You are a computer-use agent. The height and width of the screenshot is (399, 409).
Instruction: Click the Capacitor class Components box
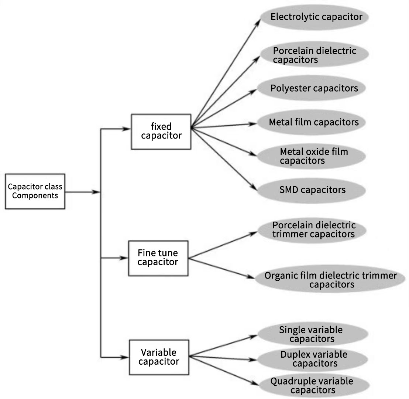coord(35,191)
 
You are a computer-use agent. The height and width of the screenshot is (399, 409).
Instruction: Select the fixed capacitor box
coord(161,132)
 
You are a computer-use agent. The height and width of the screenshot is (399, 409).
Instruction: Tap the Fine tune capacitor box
coord(158,258)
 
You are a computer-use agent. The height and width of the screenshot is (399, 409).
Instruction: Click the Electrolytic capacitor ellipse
coord(316,17)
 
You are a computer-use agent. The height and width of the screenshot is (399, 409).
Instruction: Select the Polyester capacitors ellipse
coord(314,88)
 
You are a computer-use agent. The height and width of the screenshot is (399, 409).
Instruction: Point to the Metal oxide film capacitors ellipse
coord(314,156)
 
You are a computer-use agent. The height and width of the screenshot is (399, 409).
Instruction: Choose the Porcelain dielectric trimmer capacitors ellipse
coord(314,229)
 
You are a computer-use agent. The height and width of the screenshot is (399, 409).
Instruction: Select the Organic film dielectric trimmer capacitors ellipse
coord(331,280)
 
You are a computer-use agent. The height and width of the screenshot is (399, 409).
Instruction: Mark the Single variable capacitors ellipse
coord(312,334)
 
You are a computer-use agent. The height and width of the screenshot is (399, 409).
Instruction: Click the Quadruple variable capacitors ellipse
coord(312,385)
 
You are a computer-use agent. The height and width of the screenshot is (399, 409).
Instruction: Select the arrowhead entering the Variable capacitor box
coord(125,357)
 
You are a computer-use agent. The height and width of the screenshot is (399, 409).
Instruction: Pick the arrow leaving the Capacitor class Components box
coord(83,192)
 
